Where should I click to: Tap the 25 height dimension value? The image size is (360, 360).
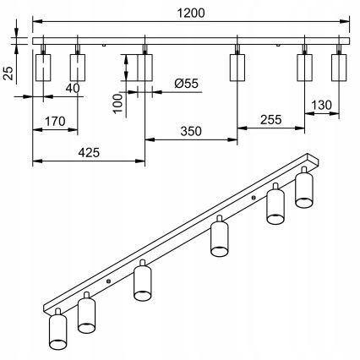coord(8,74)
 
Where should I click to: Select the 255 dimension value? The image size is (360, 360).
coord(271,120)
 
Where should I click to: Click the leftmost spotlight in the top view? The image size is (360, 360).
coord(44,68)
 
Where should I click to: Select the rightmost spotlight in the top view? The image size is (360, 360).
coord(339,68)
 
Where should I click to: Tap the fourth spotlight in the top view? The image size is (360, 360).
coord(237,68)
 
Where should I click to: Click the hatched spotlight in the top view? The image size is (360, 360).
coord(145,68)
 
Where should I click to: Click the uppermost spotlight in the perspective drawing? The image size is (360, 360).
coord(304,190)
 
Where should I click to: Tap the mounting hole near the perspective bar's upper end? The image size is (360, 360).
coord(254,199)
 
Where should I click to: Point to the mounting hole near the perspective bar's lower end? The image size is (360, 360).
coord(108,281)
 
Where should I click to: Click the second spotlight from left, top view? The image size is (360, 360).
coord(78,68)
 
